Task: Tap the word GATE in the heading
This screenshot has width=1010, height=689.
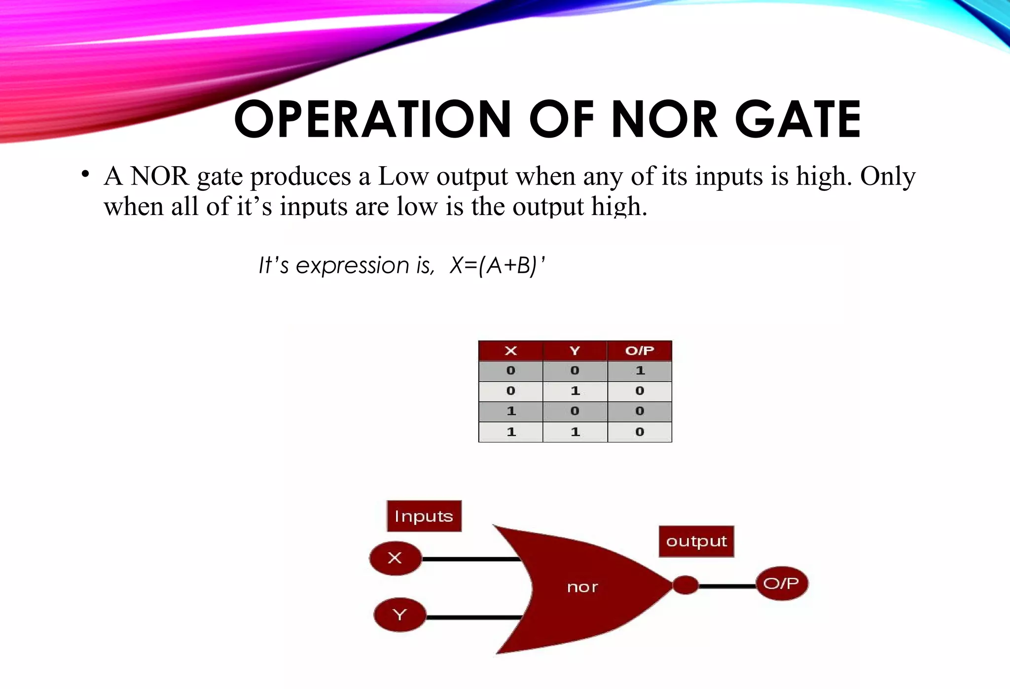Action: (x=798, y=119)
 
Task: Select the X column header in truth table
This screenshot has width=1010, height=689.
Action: (x=511, y=351)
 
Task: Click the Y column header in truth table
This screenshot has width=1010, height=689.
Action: (x=575, y=351)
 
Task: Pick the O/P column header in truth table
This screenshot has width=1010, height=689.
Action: (x=640, y=351)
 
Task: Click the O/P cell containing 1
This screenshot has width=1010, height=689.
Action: (x=640, y=371)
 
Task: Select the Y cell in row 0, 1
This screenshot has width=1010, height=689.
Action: (x=575, y=391)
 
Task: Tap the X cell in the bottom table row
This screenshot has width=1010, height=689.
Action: (x=511, y=432)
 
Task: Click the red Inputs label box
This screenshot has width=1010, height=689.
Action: (x=424, y=516)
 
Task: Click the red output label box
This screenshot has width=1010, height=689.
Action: (x=696, y=542)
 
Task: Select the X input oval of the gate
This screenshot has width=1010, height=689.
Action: (x=395, y=558)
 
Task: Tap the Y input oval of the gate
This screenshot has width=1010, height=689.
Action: (x=399, y=615)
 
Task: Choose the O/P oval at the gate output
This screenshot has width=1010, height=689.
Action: (x=782, y=584)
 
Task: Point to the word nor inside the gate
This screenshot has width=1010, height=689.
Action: (x=582, y=587)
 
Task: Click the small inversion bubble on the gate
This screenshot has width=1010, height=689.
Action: (x=685, y=585)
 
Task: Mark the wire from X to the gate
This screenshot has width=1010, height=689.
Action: (x=471, y=559)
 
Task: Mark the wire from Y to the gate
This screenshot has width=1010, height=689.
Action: (x=473, y=617)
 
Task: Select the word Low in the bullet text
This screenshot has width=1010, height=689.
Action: (x=403, y=176)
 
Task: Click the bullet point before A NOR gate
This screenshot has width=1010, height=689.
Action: (x=85, y=174)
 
